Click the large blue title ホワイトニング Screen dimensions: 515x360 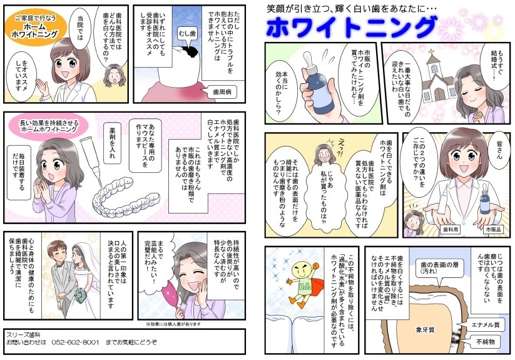point(351,28)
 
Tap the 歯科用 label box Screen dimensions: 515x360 point(451,230)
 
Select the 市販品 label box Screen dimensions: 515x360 point(493,230)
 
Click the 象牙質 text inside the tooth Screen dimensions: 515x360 point(425,330)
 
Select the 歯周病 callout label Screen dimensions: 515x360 point(222,92)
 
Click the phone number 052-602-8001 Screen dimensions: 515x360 point(75,342)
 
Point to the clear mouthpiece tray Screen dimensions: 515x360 point(125,198)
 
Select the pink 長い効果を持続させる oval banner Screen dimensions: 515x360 point(49,126)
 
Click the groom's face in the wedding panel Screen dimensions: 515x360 point(55,252)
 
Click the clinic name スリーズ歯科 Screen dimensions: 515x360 point(23,335)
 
